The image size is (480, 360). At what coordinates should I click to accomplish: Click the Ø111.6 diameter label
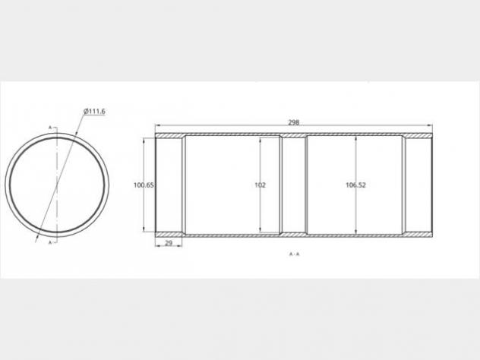pyautogui.click(x=94, y=112)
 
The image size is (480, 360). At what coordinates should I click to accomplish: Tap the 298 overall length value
pyautogui.click(x=294, y=122)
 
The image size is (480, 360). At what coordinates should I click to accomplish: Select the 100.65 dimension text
pyautogui.click(x=144, y=185)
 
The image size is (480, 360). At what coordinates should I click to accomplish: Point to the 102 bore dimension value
pyautogui.click(x=261, y=185)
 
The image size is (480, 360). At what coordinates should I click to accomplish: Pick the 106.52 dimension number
pyautogui.click(x=355, y=185)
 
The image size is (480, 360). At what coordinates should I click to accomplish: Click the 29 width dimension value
pyautogui.click(x=169, y=243)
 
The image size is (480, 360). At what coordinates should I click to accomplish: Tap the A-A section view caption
pyautogui.click(x=294, y=254)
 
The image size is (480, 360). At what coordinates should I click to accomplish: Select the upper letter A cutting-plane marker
pyautogui.click(x=50, y=128)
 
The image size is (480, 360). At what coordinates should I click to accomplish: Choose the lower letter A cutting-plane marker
pyautogui.click(x=50, y=242)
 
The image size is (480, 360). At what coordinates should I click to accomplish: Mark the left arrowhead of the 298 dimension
pyautogui.click(x=158, y=125)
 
